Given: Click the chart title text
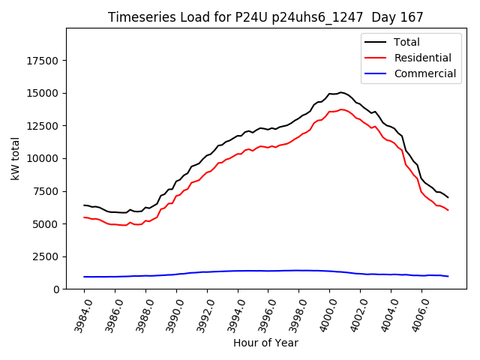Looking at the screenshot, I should pos(265,17).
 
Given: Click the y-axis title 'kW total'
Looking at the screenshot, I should pos(16,158).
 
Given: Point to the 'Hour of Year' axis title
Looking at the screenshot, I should pos(265,343).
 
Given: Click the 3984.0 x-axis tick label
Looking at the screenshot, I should pos(80,313).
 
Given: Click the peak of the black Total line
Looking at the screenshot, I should pos(340,92).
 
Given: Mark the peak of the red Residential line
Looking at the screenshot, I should pos(341,109).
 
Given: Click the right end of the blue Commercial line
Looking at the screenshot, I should pos(448,277).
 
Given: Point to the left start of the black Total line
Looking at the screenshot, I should pos(84,205).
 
